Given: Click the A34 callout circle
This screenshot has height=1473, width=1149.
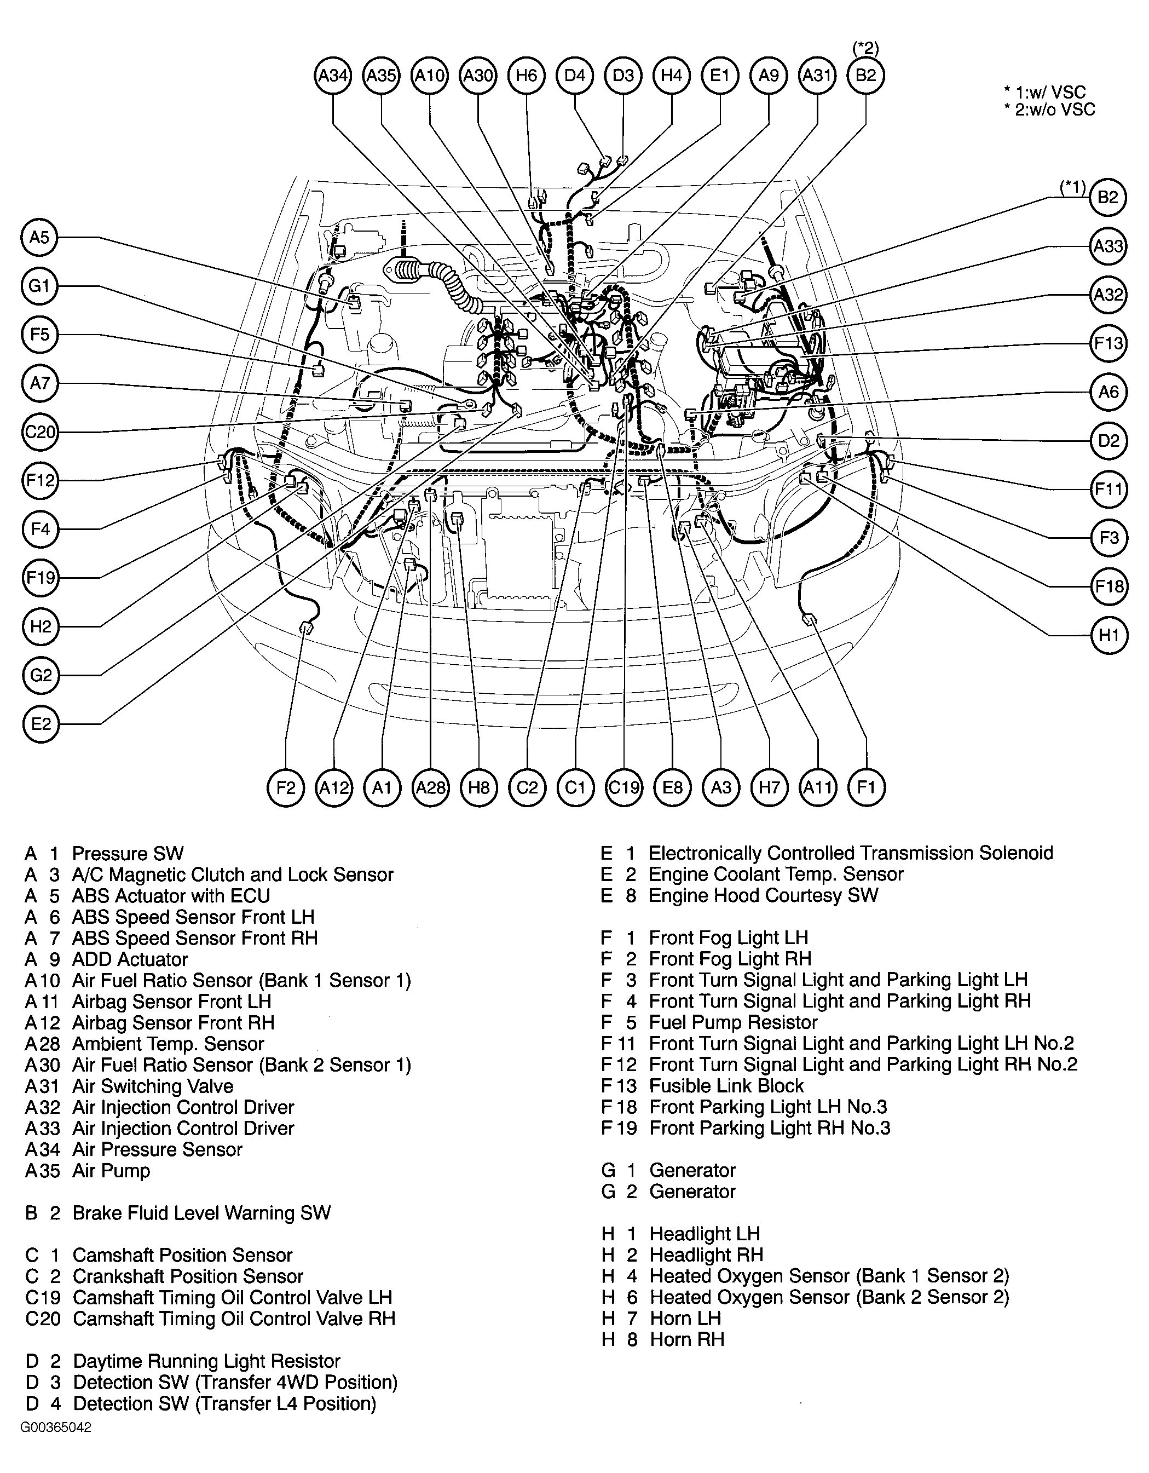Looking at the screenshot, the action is click(333, 76).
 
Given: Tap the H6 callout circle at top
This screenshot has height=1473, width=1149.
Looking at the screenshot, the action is click(527, 76).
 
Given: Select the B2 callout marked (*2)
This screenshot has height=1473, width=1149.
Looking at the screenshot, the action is click(866, 76).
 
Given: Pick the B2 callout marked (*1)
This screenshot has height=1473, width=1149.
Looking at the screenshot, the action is click(1108, 198).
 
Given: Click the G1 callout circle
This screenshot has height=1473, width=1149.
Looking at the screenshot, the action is click(40, 286).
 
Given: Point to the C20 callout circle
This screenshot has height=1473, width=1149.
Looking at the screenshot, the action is click(40, 431).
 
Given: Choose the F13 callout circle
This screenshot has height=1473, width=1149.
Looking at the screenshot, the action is click(1108, 343).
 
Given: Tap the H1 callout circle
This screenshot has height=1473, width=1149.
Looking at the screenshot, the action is click(1108, 635).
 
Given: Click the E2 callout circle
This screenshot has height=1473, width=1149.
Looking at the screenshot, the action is click(41, 724).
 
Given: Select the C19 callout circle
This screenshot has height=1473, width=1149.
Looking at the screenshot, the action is click(623, 787).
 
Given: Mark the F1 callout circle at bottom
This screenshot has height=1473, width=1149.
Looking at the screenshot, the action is click(866, 787).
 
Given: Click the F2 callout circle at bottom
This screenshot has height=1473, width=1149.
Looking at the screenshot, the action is click(286, 787).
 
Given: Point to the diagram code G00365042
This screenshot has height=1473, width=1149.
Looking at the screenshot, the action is click(55, 1447).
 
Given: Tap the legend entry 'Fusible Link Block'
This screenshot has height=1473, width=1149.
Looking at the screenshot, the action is click(726, 1086).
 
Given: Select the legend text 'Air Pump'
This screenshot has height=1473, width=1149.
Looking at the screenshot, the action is click(111, 1171).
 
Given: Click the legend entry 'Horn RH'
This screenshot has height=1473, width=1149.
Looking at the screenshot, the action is click(687, 1339).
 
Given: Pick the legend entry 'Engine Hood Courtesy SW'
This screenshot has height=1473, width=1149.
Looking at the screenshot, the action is click(763, 896).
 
